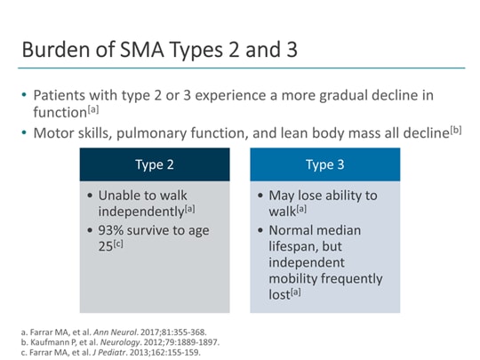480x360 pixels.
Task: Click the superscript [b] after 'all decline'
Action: point(456,129)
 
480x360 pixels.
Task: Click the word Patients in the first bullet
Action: point(60,95)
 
